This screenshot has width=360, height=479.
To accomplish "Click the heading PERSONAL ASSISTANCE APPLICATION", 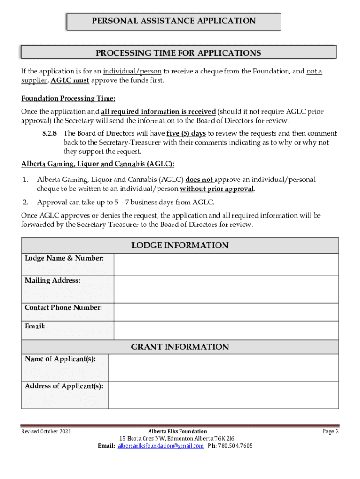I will (x=173, y=21).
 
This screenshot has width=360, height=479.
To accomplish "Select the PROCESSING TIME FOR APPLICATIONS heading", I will (x=178, y=53).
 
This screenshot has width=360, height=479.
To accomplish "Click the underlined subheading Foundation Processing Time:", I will (x=68, y=99).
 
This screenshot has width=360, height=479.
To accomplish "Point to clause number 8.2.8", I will (x=50, y=133).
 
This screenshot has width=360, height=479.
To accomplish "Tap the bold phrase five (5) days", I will (x=187, y=133).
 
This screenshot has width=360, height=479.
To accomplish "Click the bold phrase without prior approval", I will (x=217, y=189).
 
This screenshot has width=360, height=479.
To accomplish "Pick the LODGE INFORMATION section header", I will (x=180, y=246).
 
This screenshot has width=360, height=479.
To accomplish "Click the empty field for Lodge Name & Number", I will (x=226, y=265).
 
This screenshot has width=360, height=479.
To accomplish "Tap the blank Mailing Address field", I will (x=226, y=290).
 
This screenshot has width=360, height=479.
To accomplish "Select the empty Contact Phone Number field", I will (x=226, y=312).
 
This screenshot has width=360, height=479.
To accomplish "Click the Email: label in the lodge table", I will (x=35, y=327).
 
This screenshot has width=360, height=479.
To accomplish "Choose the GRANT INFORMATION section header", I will (x=180, y=347).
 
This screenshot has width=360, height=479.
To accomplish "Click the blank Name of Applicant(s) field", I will (x=223, y=368).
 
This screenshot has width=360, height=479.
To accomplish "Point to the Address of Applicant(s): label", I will (x=64, y=386).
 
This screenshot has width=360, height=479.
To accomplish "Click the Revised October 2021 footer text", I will (x=46, y=431).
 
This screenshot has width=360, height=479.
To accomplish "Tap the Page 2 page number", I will (x=331, y=431).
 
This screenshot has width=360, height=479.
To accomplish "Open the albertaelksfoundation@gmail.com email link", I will (x=161, y=446).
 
